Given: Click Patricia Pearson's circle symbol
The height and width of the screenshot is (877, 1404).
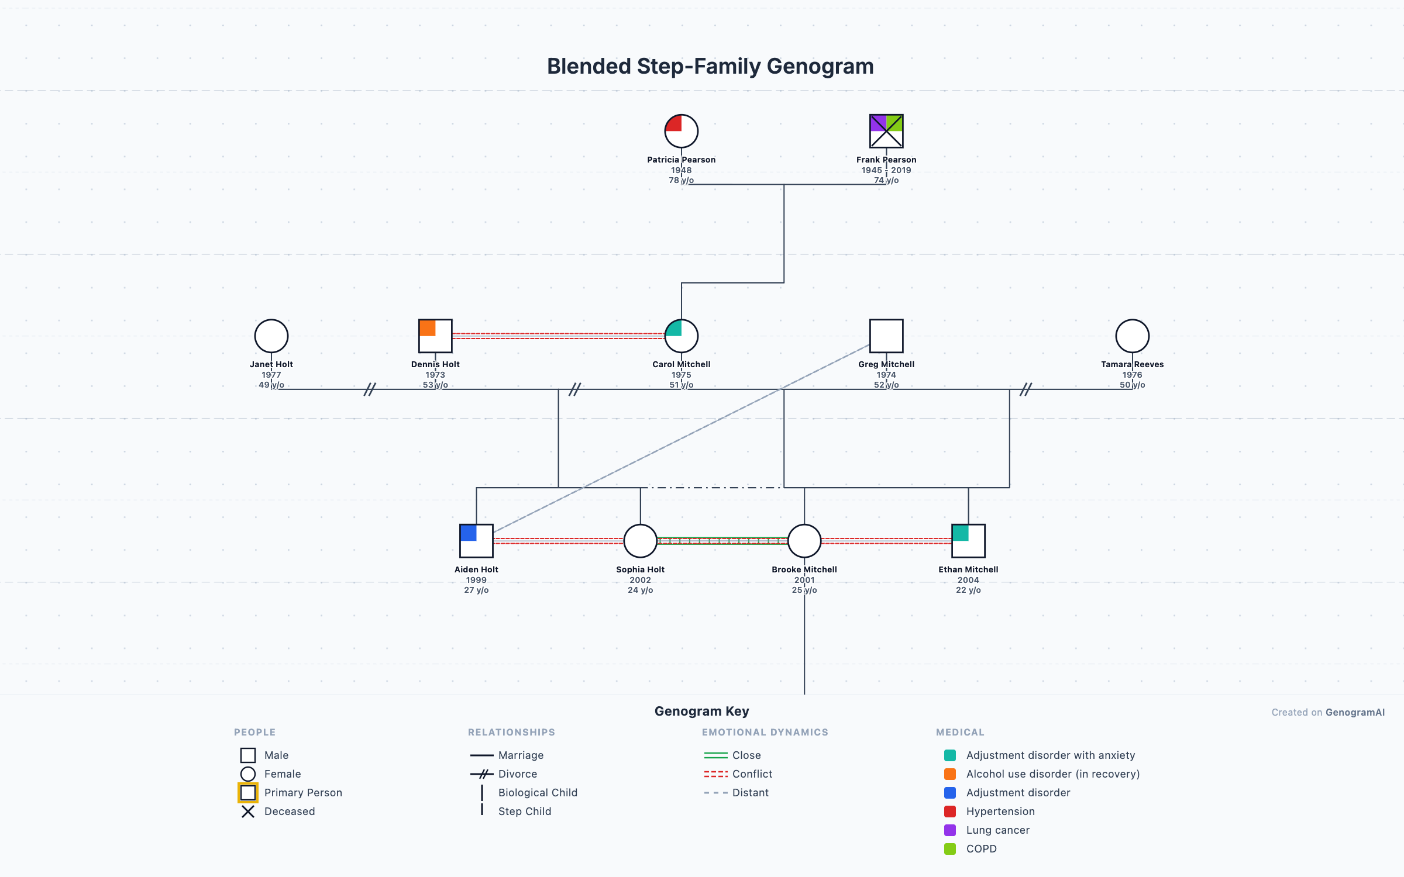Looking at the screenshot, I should click(681, 131).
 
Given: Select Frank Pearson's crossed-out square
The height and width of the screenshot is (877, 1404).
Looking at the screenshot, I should click(886, 131).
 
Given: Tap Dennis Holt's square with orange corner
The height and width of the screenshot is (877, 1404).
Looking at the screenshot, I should click(435, 336).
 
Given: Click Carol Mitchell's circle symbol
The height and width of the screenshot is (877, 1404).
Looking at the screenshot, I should click(681, 336).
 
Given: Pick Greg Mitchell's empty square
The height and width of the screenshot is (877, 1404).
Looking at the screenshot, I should click(886, 336).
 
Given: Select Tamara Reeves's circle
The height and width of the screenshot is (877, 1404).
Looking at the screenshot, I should click(1132, 336).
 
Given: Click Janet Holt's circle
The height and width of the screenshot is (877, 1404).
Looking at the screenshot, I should click(271, 336).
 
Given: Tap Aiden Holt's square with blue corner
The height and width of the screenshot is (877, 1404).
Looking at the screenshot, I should click(476, 541).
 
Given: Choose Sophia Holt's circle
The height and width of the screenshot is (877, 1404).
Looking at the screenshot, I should click(640, 541).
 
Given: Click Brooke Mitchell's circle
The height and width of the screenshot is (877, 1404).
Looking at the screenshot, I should click(804, 541).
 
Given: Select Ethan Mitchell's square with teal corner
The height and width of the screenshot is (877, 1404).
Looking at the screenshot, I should click(968, 541).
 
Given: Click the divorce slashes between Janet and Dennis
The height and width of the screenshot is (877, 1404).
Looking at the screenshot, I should click(370, 389).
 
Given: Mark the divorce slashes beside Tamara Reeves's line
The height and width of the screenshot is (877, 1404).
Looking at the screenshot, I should click(1026, 389).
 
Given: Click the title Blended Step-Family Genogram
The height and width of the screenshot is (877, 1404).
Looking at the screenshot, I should click(710, 67).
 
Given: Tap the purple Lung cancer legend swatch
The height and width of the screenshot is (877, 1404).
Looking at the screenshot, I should click(950, 830).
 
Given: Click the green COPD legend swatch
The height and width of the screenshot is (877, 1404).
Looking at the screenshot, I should click(950, 849).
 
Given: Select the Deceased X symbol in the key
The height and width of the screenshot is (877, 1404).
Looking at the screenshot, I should click(248, 812).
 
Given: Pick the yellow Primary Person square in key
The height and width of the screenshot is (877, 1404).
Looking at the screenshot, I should click(248, 793).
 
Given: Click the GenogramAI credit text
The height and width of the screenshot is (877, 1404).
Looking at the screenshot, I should click(1355, 712).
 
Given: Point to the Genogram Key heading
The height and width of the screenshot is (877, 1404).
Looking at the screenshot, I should click(701, 711).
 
